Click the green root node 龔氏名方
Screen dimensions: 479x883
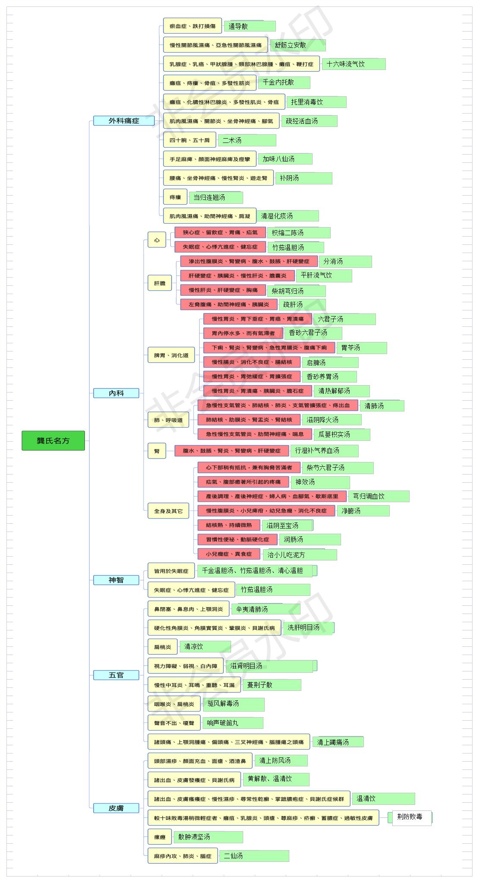click(x=53, y=440)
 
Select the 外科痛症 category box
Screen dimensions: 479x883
click(x=124, y=121)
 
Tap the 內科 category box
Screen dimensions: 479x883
click(x=116, y=393)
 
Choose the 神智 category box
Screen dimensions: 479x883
click(x=116, y=580)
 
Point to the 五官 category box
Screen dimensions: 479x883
click(x=116, y=675)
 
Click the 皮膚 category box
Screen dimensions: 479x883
click(x=116, y=808)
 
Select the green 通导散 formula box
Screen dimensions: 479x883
click(x=250, y=26)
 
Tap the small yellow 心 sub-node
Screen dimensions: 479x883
click(x=157, y=240)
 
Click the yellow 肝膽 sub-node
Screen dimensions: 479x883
click(x=160, y=283)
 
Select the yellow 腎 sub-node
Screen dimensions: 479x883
click(x=157, y=451)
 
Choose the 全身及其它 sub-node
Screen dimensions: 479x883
click(x=169, y=511)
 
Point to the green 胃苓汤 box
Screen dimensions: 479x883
click(x=362, y=348)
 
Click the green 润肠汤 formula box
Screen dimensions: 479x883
click(x=310, y=539)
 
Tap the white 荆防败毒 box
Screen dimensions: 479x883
click(x=412, y=817)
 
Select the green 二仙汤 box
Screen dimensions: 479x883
click(x=254, y=856)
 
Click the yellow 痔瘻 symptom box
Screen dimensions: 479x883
click(x=175, y=197)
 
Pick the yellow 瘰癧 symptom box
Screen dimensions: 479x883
click(x=160, y=837)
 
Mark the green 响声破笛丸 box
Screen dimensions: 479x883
click(x=233, y=723)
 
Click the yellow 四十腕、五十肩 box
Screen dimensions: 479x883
click(x=189, y=140)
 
